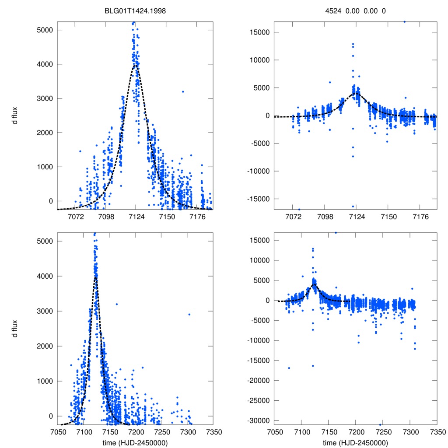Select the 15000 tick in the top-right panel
pyautogui.click(x=258, y=32)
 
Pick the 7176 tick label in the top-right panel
pyautogui.click(x=420, y=217)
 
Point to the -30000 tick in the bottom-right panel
pyautogui.click(x=257, y=420)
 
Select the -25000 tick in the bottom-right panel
pyautogui.click(x=257, y=401)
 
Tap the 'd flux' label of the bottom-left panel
pyautogui.click(x=15, y=328)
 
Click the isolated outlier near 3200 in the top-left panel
pyautogui.click(x=183, y=91)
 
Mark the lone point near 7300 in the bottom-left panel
pyautogui.click(x=189, y=315)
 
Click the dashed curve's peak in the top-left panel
pyautogui.click(x=136, y=65)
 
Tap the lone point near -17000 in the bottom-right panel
pyautogui.click(x=289, y=368)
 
